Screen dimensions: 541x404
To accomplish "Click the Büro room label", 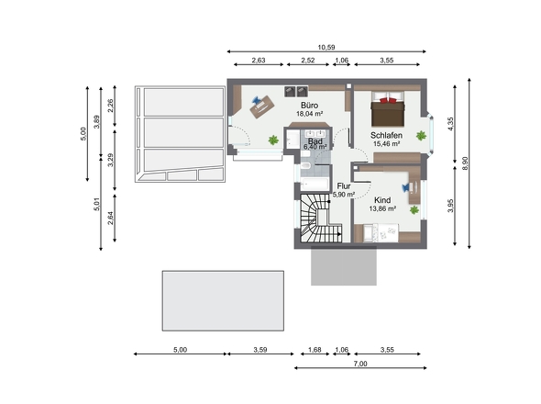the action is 309,105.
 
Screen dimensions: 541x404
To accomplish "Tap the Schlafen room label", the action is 386,135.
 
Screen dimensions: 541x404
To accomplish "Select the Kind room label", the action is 382,200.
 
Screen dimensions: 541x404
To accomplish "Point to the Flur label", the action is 344,186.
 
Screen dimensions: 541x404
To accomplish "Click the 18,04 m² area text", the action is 310,113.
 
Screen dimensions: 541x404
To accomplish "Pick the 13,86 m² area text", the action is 382,208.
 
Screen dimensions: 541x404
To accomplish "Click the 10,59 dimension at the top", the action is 326,48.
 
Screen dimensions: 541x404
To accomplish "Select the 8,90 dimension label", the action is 465,163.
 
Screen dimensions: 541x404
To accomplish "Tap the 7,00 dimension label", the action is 360,364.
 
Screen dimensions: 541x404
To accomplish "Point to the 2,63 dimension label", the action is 259,60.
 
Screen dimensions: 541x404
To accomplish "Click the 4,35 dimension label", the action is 450,124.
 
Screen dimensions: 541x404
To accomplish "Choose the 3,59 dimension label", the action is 260,350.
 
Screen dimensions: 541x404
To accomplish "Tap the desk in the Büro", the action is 262,107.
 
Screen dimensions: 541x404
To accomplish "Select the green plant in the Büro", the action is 273,140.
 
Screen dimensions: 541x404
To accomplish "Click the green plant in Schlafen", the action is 421,136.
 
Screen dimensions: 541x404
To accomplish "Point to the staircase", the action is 320,219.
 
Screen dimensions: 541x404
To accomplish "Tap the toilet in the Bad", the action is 305,165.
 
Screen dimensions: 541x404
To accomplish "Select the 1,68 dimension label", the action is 315,350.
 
